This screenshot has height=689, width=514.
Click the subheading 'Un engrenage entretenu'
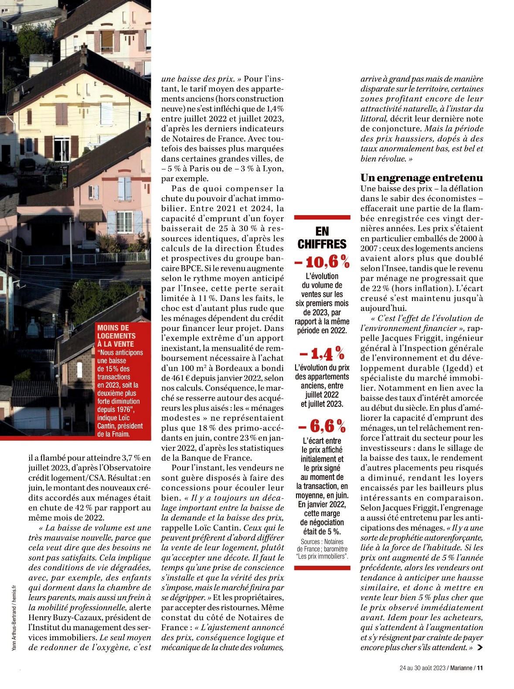click(422, 178)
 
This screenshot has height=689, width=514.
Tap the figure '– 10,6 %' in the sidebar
click(322, 262)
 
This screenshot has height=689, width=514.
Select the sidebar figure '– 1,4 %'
click(322, 354)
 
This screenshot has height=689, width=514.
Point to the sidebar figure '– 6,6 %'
click(322, 426)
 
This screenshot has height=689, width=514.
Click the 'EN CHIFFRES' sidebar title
click(322, 237)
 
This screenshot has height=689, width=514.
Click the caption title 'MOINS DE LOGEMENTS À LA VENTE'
click(116, 336)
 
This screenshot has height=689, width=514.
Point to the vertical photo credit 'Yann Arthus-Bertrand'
click(14, 627)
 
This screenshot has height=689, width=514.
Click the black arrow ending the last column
click(480, 648)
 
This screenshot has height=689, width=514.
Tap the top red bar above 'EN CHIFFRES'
click(322, 217)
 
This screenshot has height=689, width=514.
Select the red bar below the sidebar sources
click(322, 568)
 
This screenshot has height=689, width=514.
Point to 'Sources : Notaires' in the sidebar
click(322, 542)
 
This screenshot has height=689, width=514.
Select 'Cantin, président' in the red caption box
click(120, 426)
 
